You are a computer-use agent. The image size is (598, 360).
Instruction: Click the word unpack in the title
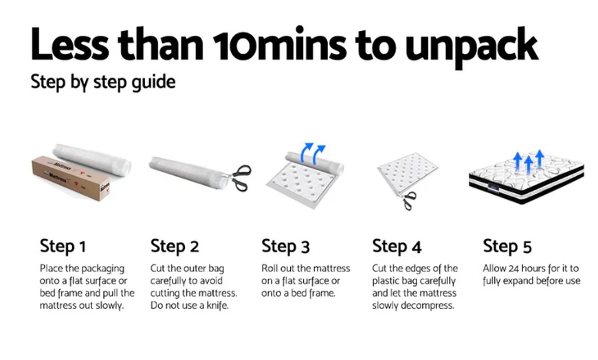pos(472,47)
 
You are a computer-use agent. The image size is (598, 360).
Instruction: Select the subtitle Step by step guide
pos(103,82)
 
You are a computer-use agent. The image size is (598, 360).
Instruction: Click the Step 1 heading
pos(63,247)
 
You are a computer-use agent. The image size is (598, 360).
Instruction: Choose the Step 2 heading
pos(175,247)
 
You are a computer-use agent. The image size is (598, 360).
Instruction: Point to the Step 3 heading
pos(286,247)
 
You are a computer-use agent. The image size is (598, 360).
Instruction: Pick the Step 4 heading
pos(397,247)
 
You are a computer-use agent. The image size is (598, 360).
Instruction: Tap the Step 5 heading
pos(507,247)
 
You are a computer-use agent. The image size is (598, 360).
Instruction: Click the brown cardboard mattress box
pos(71,178)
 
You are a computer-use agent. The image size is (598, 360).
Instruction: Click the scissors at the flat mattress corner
pos(409,200)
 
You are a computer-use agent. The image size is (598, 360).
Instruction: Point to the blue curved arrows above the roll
pos(313,153)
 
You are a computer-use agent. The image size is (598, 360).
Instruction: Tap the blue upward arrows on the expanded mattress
pos(529,161)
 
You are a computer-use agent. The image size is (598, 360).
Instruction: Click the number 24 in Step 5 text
pos(514,269)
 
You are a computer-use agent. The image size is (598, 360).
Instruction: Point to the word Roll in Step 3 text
pos(269,269)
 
